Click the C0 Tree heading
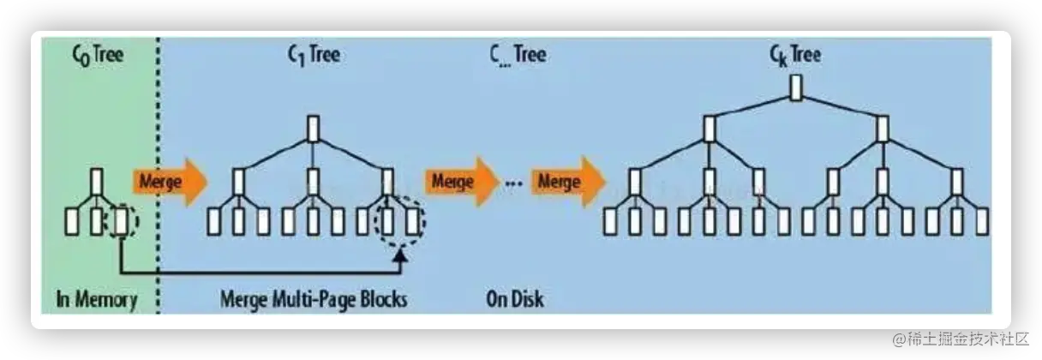[x=97, y=56]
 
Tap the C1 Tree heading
[x=313, y=56]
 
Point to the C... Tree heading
[x=518, y=56]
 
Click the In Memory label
[x=96, y=300]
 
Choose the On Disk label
[x=514, y=300]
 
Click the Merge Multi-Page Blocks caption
[x=314, y=300]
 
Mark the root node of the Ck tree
[x=795, y=88]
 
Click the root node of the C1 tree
[x=313, y=128]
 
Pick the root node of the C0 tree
[x=97, y=181]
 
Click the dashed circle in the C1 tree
[x=399, y=222]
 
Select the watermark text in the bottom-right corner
[x=960, y=338]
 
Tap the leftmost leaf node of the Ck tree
[x=610, y=222]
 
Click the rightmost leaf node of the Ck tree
[x=981, y=222]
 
